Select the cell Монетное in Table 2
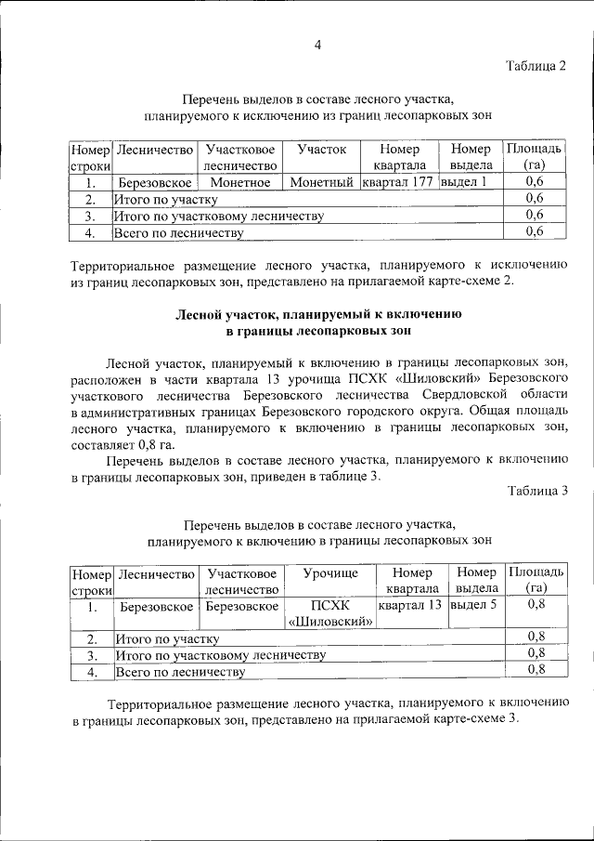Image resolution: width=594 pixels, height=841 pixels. point(239,182)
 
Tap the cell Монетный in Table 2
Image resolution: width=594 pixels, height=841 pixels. point(322,182)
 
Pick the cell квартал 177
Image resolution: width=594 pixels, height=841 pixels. point(398,182)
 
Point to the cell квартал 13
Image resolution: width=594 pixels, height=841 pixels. point(410,606)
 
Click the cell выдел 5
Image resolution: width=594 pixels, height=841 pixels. point(473,606)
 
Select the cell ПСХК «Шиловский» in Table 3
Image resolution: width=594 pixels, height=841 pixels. point(329,614)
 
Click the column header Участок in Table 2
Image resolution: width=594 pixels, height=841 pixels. point(322,150)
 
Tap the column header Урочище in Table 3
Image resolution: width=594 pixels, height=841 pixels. point(329,573)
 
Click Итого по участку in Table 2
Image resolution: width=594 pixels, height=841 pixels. point(165,199)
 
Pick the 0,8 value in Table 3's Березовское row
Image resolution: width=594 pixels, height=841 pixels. point(536,606)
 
